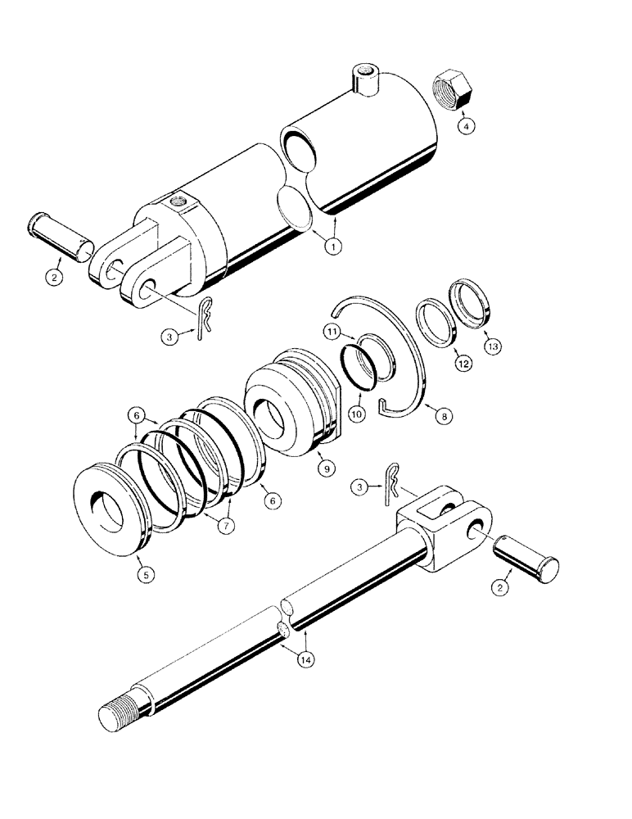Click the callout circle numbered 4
tap(464, 128)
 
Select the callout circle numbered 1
tap(333, 244)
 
